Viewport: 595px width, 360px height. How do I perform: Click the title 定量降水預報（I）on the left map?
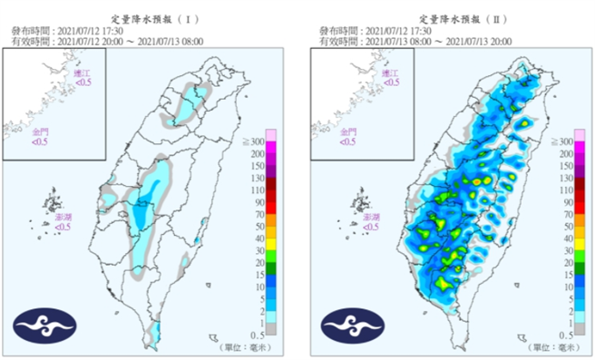coord(148,18)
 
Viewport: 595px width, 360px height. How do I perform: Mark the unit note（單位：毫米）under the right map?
coord(556,347)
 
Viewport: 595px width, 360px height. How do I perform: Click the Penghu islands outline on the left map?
coord(54,201)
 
